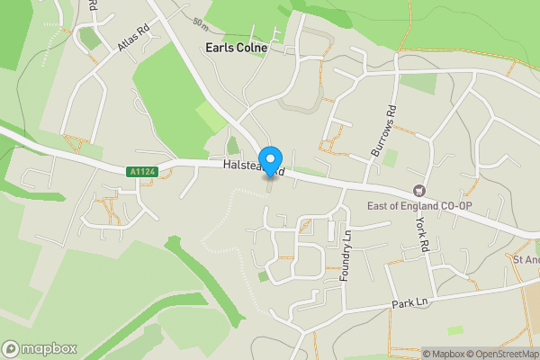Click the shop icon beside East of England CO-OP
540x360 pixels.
tap(418, 190)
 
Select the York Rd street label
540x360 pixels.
tap(423, 234)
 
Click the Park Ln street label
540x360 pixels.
tap(410, 304)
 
